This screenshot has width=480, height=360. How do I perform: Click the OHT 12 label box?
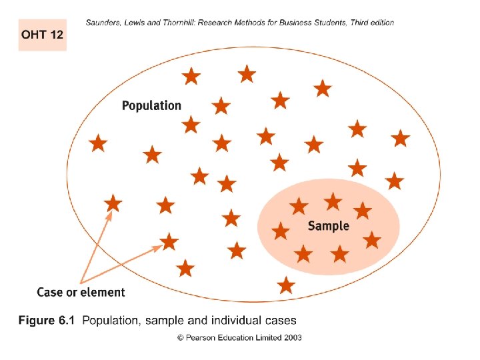tap(42, 35)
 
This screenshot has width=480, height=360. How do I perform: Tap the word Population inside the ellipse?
tap(151, 105)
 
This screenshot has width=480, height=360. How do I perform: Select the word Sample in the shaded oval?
tap(328, 226)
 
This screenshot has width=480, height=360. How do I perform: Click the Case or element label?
tap(81, 292)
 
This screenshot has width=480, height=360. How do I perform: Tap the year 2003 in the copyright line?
tap(291, 337)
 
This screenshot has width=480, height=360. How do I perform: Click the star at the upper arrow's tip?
tap(113, 203)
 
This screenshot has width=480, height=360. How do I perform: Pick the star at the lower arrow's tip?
tap(169, 241)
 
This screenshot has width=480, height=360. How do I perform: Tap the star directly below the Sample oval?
tap(286, 285)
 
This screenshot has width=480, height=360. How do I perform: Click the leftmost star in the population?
tap(98, 143)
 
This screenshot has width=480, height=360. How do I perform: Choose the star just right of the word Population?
tap(221, 105)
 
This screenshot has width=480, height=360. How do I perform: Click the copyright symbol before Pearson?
tap(180, 337)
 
